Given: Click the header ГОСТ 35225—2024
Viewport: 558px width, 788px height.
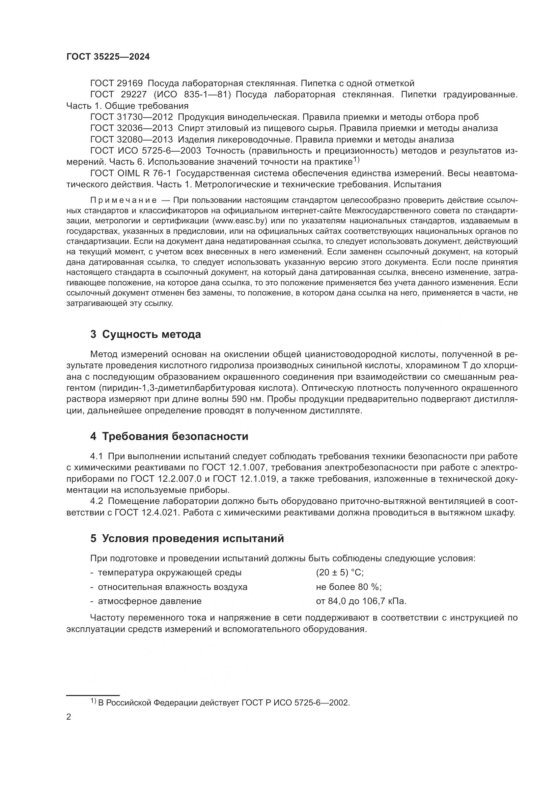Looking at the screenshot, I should tap(108, 57).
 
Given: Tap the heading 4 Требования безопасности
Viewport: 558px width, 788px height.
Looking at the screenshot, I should tap(169, 436).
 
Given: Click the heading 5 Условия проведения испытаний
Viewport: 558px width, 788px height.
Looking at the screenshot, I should tap(187, 538).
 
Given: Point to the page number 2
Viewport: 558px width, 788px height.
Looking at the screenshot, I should tap(69, 717).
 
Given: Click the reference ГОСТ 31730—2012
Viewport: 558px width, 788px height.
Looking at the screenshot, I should tap(132, 117).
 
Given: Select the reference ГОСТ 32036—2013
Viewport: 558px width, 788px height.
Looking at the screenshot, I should tap(132, 128).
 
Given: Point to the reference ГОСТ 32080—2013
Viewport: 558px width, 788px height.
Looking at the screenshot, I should tap(132, 140).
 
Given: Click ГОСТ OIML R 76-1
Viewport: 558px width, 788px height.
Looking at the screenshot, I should tap(131, 173).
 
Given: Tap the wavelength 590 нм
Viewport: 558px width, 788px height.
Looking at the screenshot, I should tap(248, 399).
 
